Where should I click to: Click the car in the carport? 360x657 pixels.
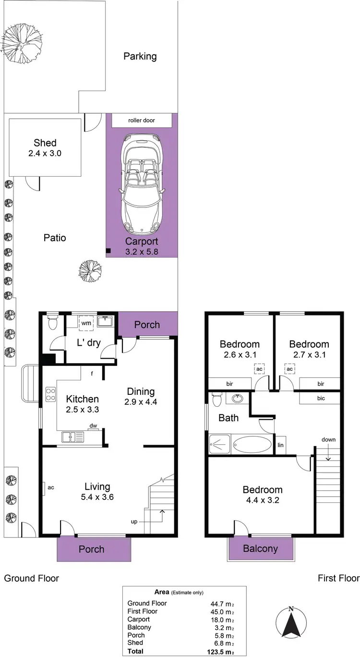(x=142, y=182)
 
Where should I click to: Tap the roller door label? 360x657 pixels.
(x=141, y=120)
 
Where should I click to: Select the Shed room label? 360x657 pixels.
(x=45, y=143)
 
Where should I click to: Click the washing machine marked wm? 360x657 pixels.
(x=86, y=323)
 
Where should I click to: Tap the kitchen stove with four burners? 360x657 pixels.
(x=50, y=394)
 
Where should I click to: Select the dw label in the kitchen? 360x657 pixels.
(x=92, y=426)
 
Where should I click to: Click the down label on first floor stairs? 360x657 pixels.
(x=329, y=439)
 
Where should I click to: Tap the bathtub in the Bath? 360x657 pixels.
(x=252, y=444)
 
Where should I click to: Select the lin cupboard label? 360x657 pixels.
(x=281, y=445)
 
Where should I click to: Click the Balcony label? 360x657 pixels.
(x=260, y=548)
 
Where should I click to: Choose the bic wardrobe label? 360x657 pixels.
(x=321, y=398)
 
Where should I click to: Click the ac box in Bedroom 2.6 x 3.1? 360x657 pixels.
(x=259, y=369)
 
